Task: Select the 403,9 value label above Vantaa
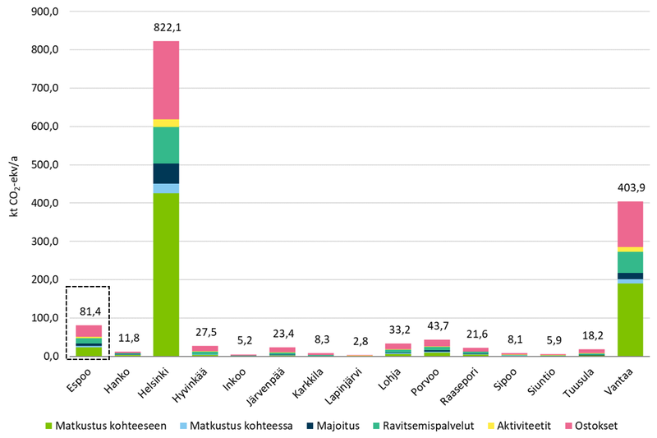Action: pos(630,187)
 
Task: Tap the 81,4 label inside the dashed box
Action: pos(88,311)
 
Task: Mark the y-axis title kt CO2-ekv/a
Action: pos(12,184)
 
